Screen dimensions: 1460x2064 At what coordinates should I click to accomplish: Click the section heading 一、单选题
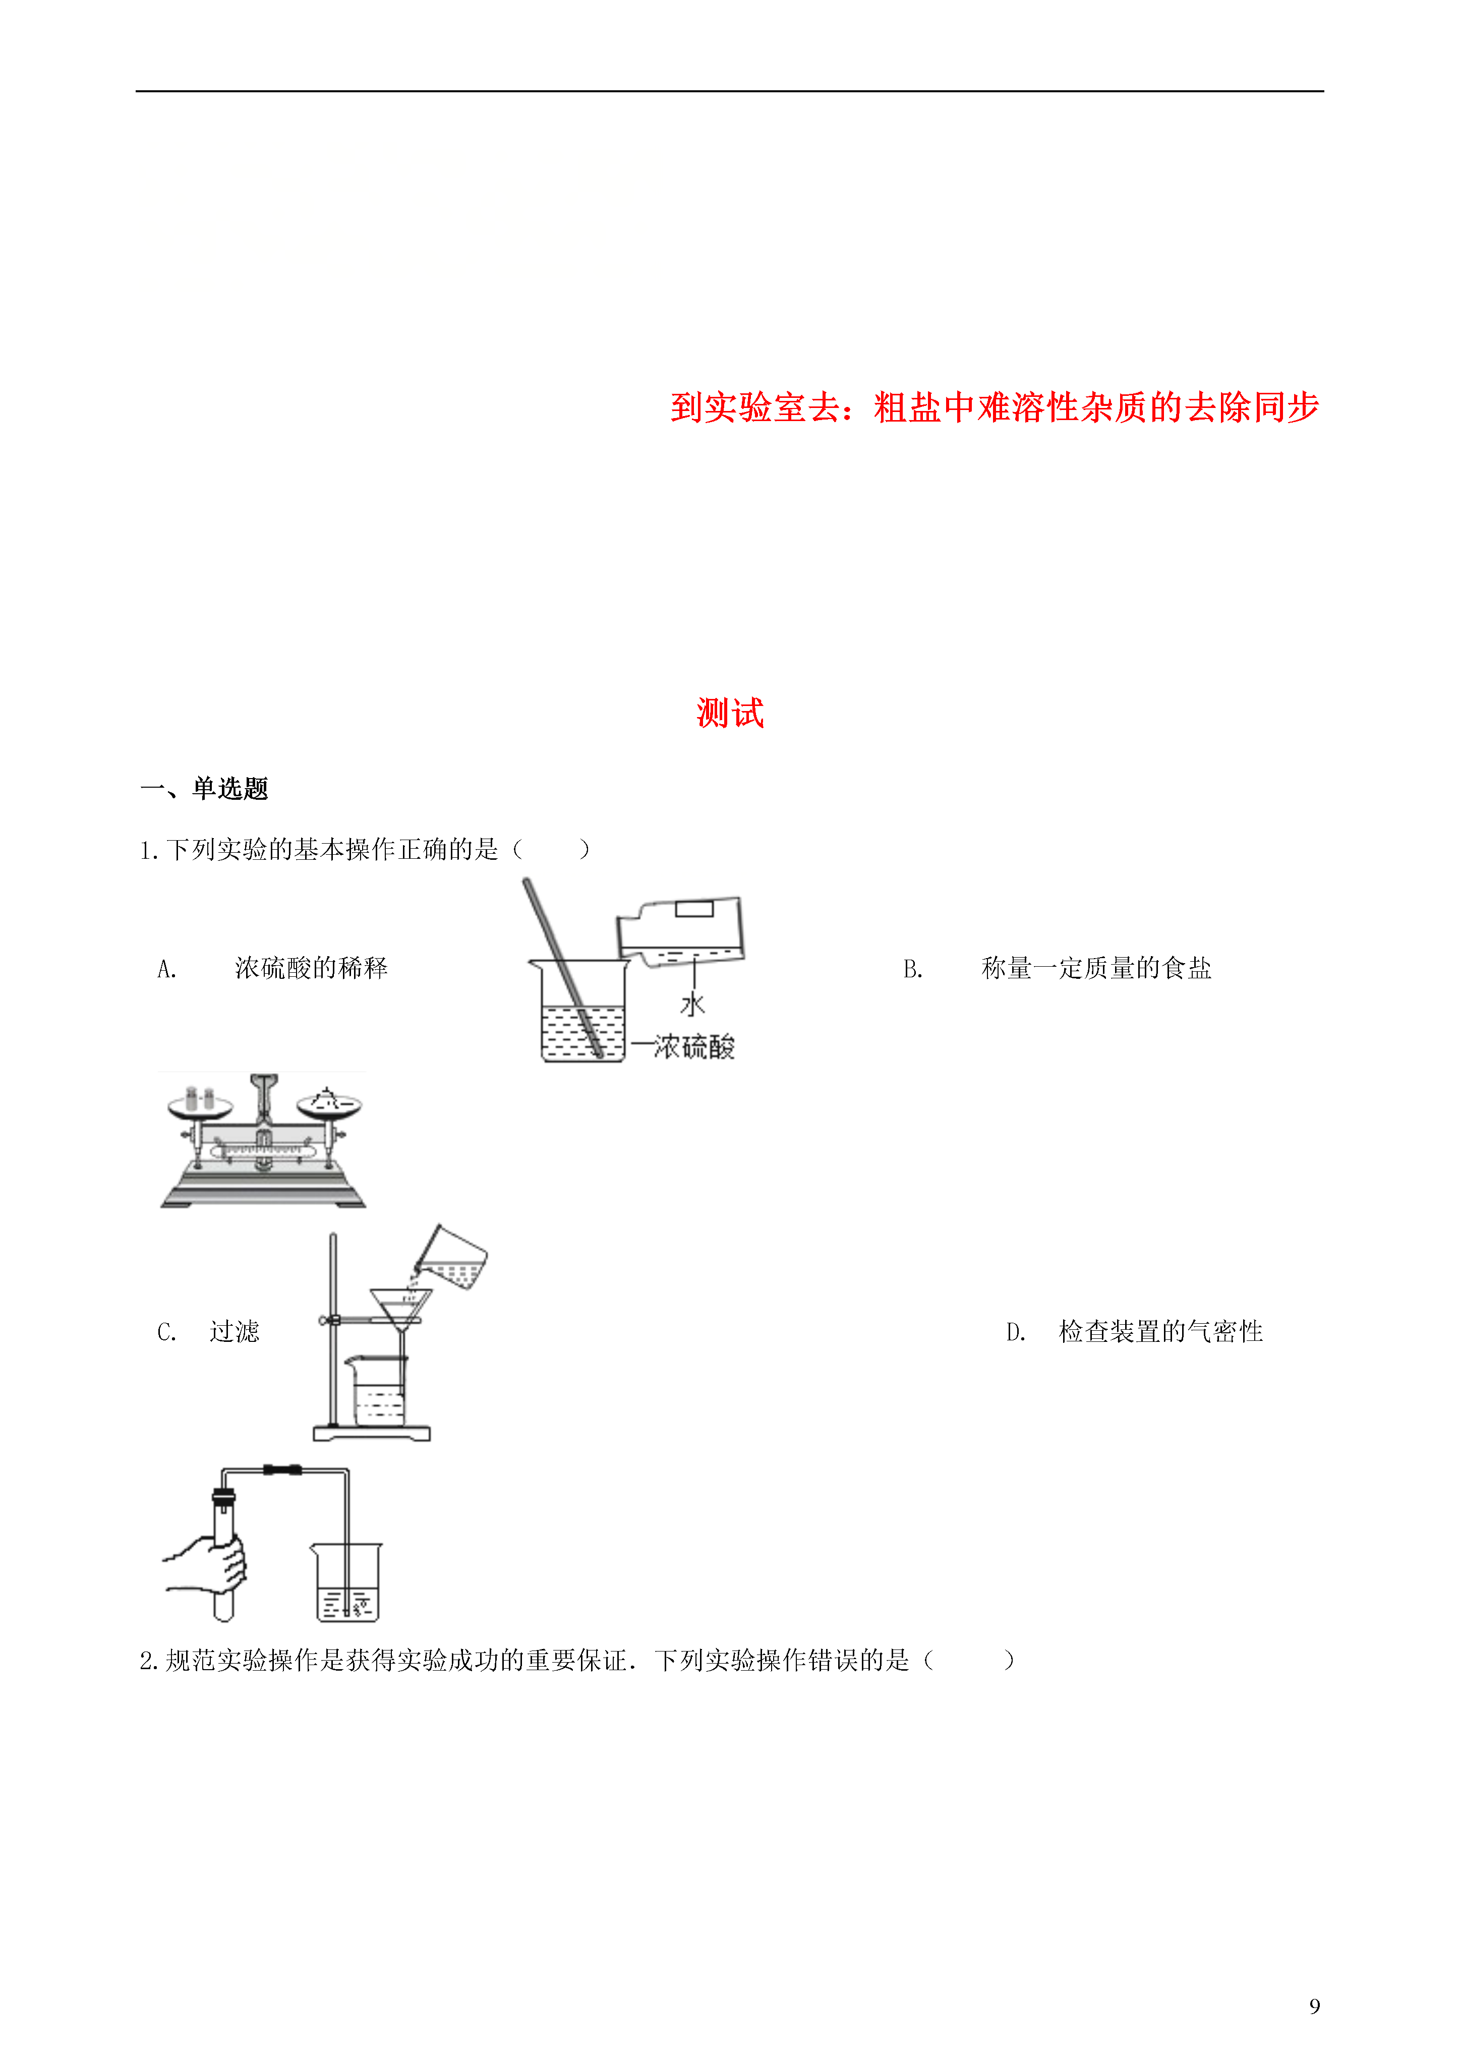[205, 788]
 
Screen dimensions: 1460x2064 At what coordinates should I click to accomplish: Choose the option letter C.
[166, 1331]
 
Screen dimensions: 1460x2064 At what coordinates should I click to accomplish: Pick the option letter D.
[1015, 1331]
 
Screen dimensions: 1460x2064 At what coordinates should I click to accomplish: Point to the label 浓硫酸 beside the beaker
[694, 1046]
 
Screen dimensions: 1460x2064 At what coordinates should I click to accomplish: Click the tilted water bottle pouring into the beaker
[680, 931]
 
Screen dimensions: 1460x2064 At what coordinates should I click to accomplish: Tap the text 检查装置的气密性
[1160, 1331]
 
